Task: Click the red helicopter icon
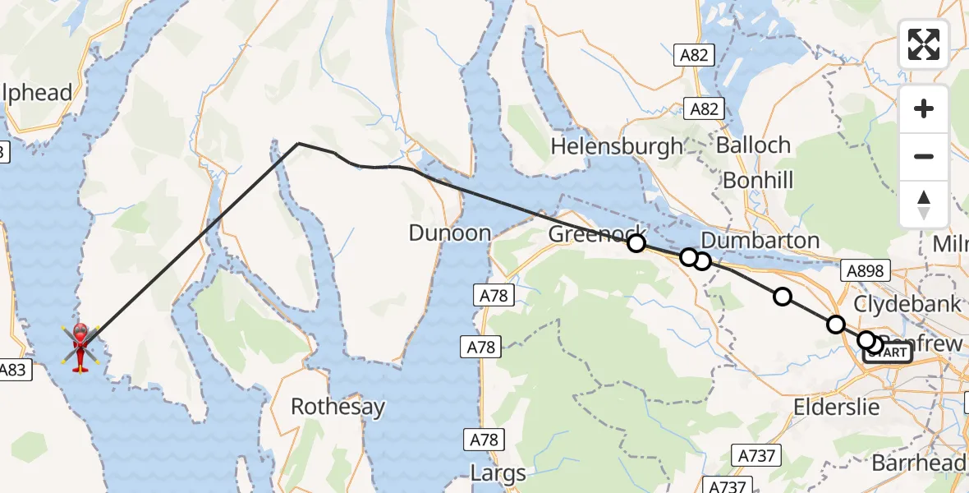80,347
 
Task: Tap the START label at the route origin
888,352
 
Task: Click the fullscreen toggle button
924,44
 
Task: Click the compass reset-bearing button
924,204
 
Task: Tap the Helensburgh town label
617,146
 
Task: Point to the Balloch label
753,145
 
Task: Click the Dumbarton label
760,240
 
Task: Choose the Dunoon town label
450,233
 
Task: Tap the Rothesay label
338,408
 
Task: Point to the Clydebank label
907,303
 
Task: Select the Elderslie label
836,407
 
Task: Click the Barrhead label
918,463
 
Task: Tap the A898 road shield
865,271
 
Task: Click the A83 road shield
14,370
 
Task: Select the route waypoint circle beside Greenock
636,242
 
